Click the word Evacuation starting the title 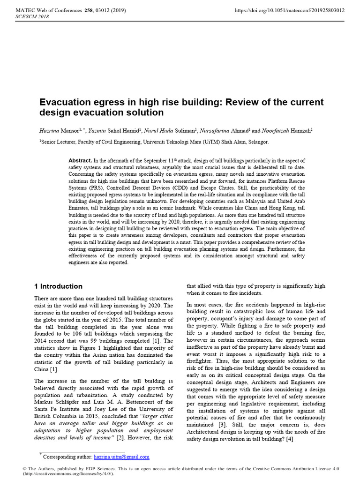click(x=64, y=102)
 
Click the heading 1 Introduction click(x=59, y=286)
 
